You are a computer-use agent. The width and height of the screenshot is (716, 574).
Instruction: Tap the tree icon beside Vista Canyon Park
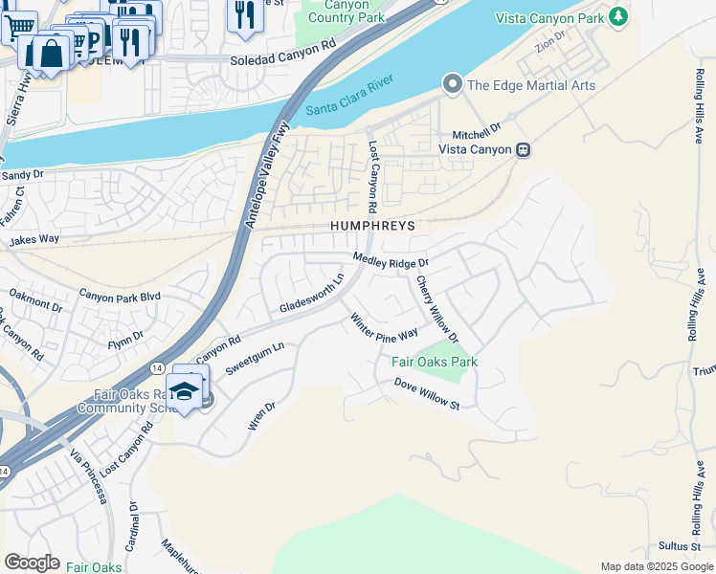(x=618, y=16)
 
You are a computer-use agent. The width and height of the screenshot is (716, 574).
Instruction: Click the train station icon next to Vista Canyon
(x=523, y=150)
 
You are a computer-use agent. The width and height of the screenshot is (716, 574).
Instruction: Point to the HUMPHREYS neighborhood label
(x=372, y=226)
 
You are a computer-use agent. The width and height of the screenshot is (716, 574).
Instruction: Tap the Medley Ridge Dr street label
(x=391, y=260)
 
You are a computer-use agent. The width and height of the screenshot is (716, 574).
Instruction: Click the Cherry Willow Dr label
(x=436, y=310)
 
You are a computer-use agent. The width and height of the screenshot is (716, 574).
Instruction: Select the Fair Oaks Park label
(x=434, y=363)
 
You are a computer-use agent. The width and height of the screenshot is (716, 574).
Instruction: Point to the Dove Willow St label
(x=427, y=393)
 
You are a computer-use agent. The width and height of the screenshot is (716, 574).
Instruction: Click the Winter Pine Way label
(x=384, y=327)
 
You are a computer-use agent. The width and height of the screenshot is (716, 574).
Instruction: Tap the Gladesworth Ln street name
(x=310, y=295)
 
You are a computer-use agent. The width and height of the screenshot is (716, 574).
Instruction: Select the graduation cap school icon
(x=186, y=389)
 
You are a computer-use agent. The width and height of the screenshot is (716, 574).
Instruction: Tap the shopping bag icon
(x=51, y=54)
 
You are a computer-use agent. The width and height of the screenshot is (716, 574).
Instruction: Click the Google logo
(x=32, y=563)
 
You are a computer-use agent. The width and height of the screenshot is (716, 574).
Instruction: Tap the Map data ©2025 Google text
(x=656, y=566)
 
